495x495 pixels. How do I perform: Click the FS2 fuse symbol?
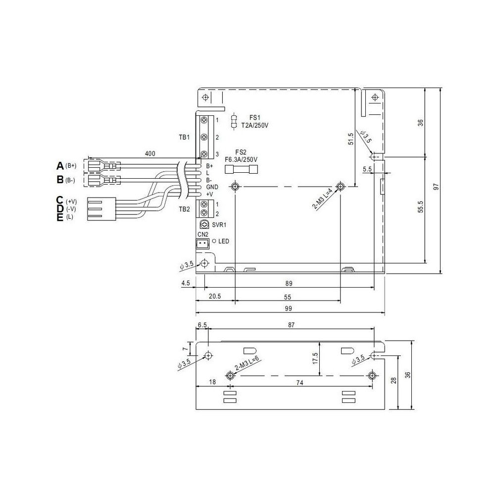241,169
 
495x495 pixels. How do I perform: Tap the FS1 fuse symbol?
234,121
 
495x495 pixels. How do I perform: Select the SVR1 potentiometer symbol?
204,225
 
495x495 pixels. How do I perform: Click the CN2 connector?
202,243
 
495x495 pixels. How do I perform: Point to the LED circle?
214,241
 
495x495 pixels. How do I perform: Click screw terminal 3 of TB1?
204,154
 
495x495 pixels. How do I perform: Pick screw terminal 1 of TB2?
204,204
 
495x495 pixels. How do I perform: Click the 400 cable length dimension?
150,154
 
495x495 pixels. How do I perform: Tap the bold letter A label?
60,165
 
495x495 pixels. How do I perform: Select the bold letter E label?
60,217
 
